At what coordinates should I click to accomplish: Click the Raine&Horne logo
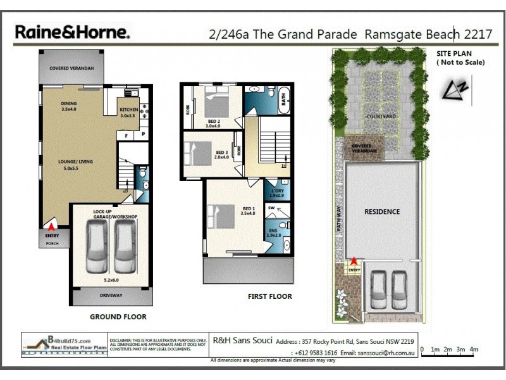pos(73,32)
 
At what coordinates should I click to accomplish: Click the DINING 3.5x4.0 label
pos(68,106)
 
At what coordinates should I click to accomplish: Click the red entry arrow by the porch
pos(50,224)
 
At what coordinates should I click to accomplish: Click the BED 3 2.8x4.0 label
pos(221,155)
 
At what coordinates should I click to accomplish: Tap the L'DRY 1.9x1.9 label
pos(277,193)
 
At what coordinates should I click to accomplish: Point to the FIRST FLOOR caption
pos(269,296)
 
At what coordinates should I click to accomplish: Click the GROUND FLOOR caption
pos(118,317)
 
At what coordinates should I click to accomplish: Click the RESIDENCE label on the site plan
pos(381,212)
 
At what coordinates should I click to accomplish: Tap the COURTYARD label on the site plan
pos(381,117)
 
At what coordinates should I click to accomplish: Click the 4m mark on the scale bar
pos(474,349)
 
